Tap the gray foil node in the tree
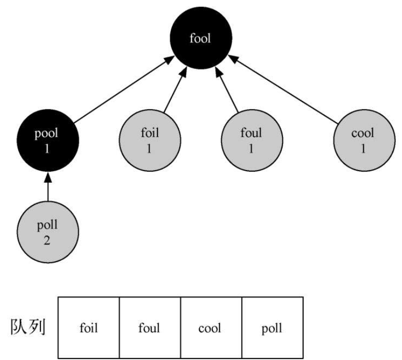click(149, 140)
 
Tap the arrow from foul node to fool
click(227, 91)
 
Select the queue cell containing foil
click(89, 328)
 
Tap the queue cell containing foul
click(150, 328)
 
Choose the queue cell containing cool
click(211, 328)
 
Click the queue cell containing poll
click(272, 328)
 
